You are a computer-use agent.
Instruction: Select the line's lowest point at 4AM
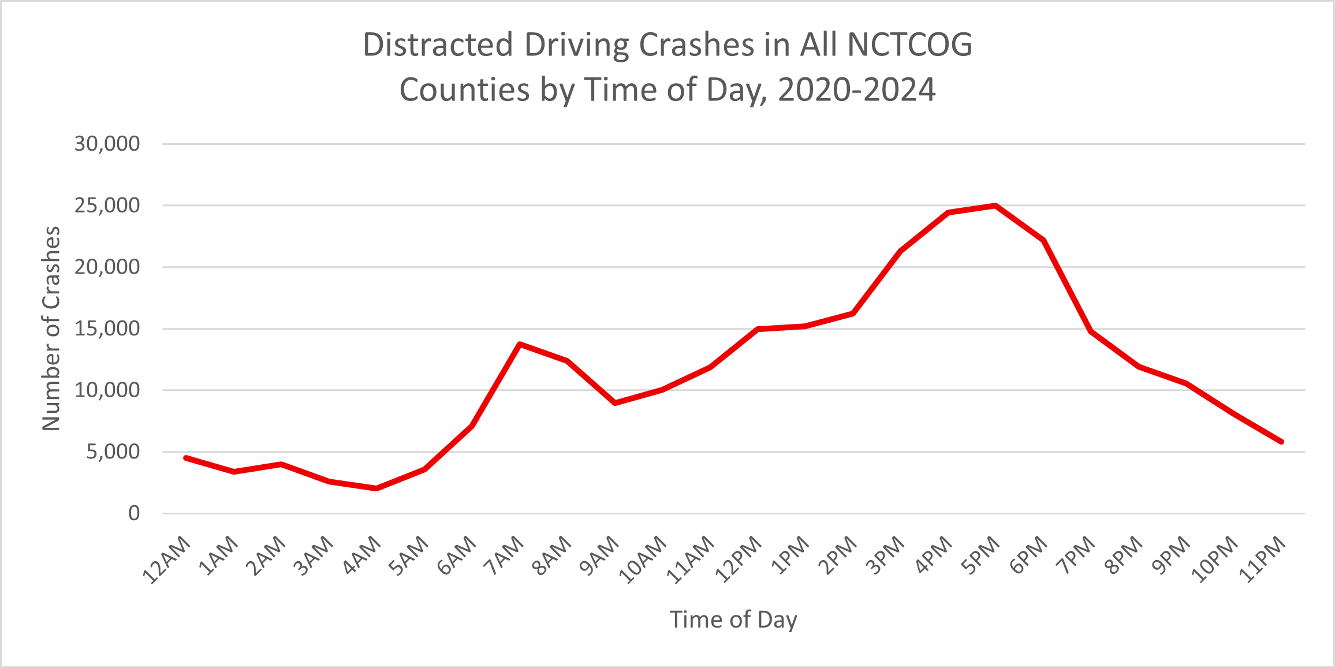pyautogui.click(x=376, y=488)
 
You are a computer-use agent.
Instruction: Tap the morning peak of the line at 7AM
pyautogui.click(x=520, y=344)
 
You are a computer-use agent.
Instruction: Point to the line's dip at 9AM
pyautogui.click(x=615, y=402)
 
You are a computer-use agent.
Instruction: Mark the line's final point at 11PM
pyautogui.click(x=1282, y=442)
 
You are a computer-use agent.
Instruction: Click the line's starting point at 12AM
pyautogui.click(x=185, y=458)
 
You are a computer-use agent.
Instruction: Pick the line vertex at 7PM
pyautogui.click(x=1091, y=331)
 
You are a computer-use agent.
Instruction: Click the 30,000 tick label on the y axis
pyautogui.click(x=107, y=144)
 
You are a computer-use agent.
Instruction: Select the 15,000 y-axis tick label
pyautogui.click(x=107, y=329)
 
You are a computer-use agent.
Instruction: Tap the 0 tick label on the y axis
pyautogui.click(x=134, y=513)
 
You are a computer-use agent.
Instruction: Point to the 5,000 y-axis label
pyautogui.click(x=113, y=451)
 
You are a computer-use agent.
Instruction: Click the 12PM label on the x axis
pyautogui.click(x=739, y=559)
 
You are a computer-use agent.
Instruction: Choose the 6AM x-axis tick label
pyautogui.click(x=457, y=555)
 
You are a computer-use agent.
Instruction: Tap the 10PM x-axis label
pyautogui.click(x=1215, y=559)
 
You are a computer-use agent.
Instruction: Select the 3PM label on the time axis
pyautogui.click(x=886, y=555)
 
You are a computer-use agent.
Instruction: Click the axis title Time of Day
pyautogui.click(x=733, y=620)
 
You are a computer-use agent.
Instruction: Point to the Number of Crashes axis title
pyautogui.click(x=51, y=328)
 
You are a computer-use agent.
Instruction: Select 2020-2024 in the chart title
pyautogui.click(x=856, y=90)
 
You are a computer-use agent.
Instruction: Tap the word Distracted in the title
pyautogui.click(x=438, y=45)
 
